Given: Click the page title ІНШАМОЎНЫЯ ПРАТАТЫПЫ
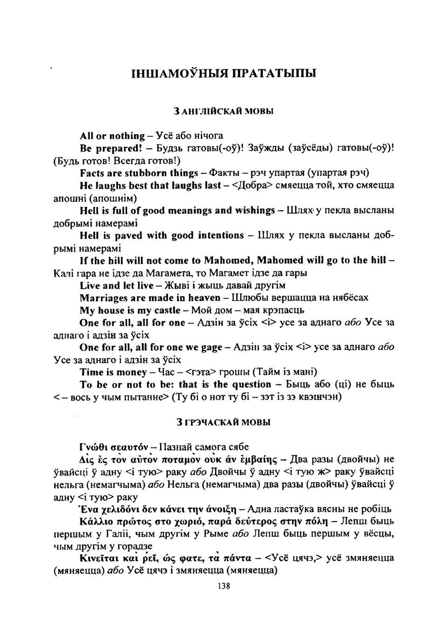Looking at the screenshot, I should coord(223,73).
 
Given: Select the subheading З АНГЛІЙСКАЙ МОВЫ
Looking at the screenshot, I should coord(223,111).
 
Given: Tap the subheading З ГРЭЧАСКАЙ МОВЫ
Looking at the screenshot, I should coord(223,422).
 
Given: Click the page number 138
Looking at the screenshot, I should coord(223,586).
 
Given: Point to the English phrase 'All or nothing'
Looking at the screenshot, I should coord(112,136).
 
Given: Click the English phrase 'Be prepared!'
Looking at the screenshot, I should coord(110,148).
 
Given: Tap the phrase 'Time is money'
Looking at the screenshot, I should coord(113,372).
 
